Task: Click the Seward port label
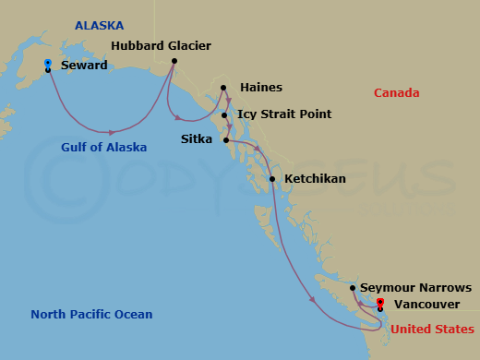pyautogui.click(x=84, y=66)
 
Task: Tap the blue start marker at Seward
pyautogui.click(x=47, y=63)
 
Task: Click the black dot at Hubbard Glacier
pyautogui.click(x=174, y=62)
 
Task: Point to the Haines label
pyautogui.click(x=260, y=88)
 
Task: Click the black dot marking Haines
pyautogui.click(x=223, y=90)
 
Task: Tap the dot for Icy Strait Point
pyautogui.click(x=224, y=115)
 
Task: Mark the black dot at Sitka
pyautogui.click(x=226, y=140)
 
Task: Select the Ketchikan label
pyautogui.click(x=316, y=178)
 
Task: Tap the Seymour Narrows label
pyautogui.click(x=415, y=288)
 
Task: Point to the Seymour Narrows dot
pyautogui.click(x=353, y=288)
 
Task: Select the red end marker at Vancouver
pyautogui.click(x=380, y=302)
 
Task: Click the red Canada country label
pyautogui.click(x=397, y=93)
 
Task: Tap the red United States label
pyautogui.click(x=433, y=330)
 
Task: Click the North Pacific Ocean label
pyautogui.click(x=91, y=315)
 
